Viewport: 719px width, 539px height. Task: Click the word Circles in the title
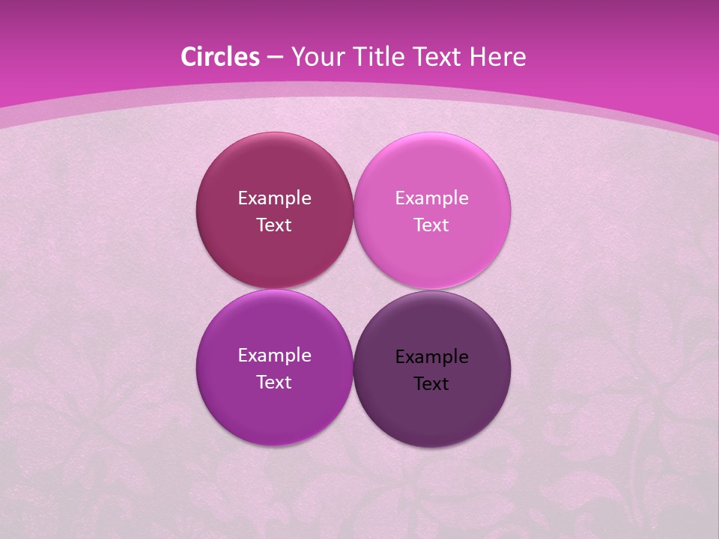(220, 57)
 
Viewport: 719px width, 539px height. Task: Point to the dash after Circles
(274, 58)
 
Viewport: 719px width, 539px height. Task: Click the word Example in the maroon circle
(274, 198)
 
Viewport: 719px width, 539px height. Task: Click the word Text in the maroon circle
(274, 225)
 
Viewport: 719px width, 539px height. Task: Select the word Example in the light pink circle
(432, 198)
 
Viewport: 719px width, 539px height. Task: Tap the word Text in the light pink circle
(432, 225)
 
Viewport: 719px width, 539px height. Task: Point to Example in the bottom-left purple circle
(274, 356)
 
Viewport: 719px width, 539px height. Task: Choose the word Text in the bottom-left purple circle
(274, 383)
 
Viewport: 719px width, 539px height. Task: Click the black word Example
(432, 357)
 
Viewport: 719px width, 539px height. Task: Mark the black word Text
(432, 384)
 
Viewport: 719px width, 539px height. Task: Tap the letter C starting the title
(188, 57)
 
